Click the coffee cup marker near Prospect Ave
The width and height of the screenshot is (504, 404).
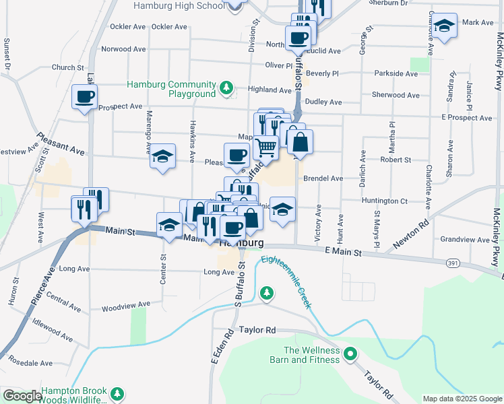(84, 97)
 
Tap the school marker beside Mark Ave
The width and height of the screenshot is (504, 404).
(444, 26)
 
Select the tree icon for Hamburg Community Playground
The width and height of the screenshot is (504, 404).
(227, 88)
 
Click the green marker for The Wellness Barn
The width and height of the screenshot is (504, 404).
(350, 353)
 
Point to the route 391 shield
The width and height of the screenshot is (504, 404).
(453, 262)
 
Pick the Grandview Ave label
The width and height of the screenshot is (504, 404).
(465, 239)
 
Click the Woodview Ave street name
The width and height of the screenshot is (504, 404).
(125, 306)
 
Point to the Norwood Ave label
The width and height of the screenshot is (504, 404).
(123, 49)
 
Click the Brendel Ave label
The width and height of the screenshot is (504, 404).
(323, 178)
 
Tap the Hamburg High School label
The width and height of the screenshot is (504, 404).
(179, 5)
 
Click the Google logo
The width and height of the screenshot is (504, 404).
(22, 396)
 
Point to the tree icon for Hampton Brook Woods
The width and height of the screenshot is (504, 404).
(118, 393)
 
